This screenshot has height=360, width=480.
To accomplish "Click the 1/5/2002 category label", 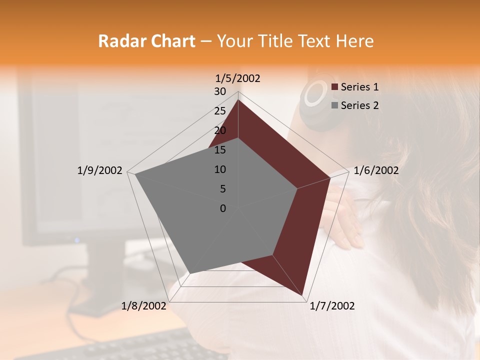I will tap(238, 78).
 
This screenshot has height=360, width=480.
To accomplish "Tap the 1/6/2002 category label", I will tap(376, 170).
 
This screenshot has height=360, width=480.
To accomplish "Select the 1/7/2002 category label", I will tap(332, 306).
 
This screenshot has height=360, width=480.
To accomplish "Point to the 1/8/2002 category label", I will tap(144, 306).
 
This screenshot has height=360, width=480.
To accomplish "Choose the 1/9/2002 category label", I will tap(100, 170).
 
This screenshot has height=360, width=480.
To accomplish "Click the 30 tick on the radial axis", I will tap(220, 91).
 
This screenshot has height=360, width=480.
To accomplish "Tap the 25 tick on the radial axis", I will tap(220, 111).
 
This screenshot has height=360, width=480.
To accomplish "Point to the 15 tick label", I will tap(220, 150).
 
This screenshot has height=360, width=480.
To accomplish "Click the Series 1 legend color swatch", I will tap(335, 87).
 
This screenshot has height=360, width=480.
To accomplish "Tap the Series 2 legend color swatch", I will tap(335, 105).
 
